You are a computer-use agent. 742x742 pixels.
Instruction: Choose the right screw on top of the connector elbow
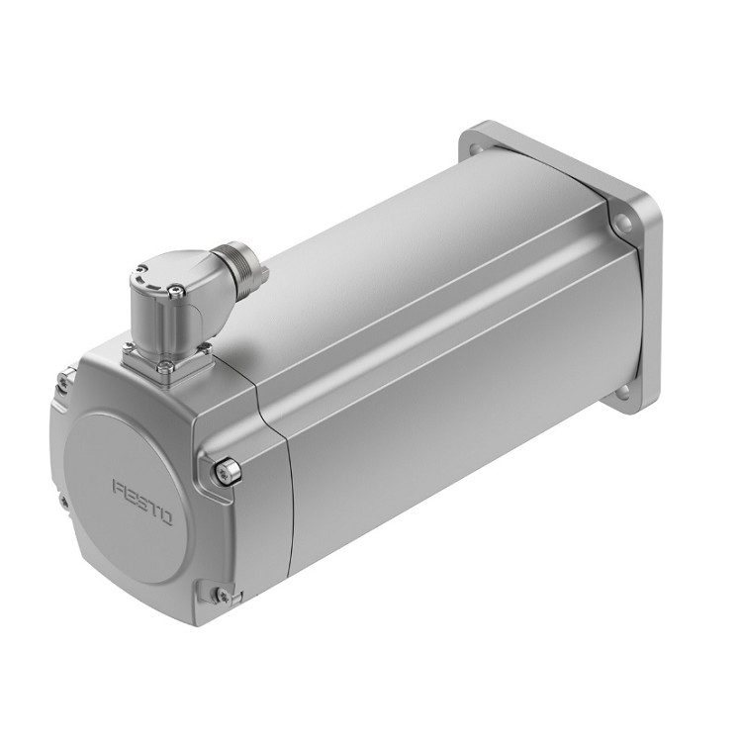tap(176, 289)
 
